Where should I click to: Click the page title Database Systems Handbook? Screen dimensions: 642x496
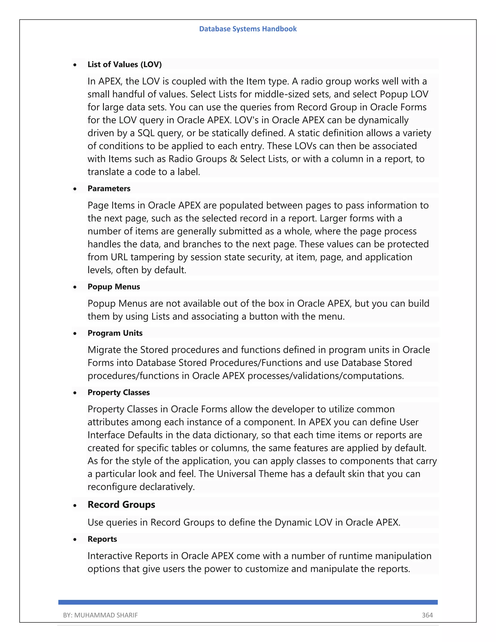tap(248, 29)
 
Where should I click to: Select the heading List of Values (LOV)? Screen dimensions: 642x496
tap(124, 64)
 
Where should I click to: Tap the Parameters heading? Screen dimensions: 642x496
tap(109, 188)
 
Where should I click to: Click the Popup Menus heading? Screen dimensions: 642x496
tap(114, 287)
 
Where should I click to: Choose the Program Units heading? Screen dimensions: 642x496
tap(115, 333)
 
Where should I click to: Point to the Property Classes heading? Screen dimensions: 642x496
tap(118, 392)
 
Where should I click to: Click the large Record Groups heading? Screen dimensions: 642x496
tap(121, 504)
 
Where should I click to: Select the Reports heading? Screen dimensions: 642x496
tap(102, 539)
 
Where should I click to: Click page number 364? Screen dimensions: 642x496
tap(427, 615)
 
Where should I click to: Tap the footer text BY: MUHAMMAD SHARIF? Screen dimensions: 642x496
tap(101, 615)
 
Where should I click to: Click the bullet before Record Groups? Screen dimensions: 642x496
tap(75, 506)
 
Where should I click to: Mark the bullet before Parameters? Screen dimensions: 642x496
tap(75, 189)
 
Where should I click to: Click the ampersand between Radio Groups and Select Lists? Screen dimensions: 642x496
tap(233, 159)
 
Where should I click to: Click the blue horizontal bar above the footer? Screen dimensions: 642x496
tap(248, 602)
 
